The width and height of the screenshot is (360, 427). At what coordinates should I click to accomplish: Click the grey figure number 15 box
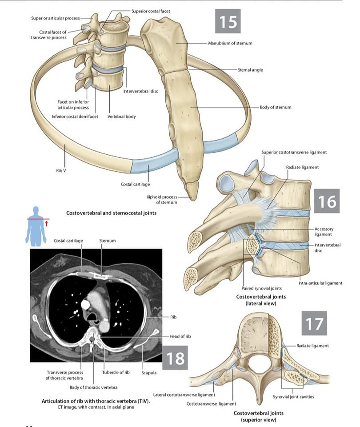click(x=228, y=21)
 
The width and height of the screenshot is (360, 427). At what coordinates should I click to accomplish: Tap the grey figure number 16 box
click(x=327, y=201)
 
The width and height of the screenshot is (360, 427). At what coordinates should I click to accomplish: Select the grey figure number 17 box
click(x=314, y=323)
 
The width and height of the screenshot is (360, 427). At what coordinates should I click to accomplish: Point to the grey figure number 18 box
click(x=175, y=358)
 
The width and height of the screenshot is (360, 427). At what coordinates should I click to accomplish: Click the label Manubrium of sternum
click(x=230, y=43)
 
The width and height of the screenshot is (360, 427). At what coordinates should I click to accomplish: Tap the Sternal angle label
click(x=250, y=70)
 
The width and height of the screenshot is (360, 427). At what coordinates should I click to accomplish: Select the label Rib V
click(x=61, y=170)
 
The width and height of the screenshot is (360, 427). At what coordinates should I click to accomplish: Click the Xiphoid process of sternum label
click(x=162, y=200)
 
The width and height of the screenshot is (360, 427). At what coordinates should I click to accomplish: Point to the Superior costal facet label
click(x=151, y=11)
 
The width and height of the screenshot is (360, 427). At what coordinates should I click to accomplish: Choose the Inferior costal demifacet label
click(x=75, y=117)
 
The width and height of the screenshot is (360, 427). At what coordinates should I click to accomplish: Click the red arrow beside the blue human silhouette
click(x=47, y=224)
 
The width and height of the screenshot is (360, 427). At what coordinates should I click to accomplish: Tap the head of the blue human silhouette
click(x=36, y=211)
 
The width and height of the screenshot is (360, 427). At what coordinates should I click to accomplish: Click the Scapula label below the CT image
click(x=149, y=373)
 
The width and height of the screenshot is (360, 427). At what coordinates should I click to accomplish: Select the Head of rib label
click(x=180, y=336)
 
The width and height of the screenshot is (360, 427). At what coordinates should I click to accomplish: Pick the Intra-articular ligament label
click(x=320, y=283)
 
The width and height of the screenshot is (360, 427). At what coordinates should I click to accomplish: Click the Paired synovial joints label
click(x=261, y=288)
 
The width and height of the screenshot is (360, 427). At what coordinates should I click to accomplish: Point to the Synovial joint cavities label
click(x=293, y=397)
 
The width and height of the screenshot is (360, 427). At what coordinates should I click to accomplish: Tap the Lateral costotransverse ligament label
click(x=184, y=395)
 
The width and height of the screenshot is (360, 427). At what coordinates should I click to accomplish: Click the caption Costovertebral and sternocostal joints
click(x=111, y=213)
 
